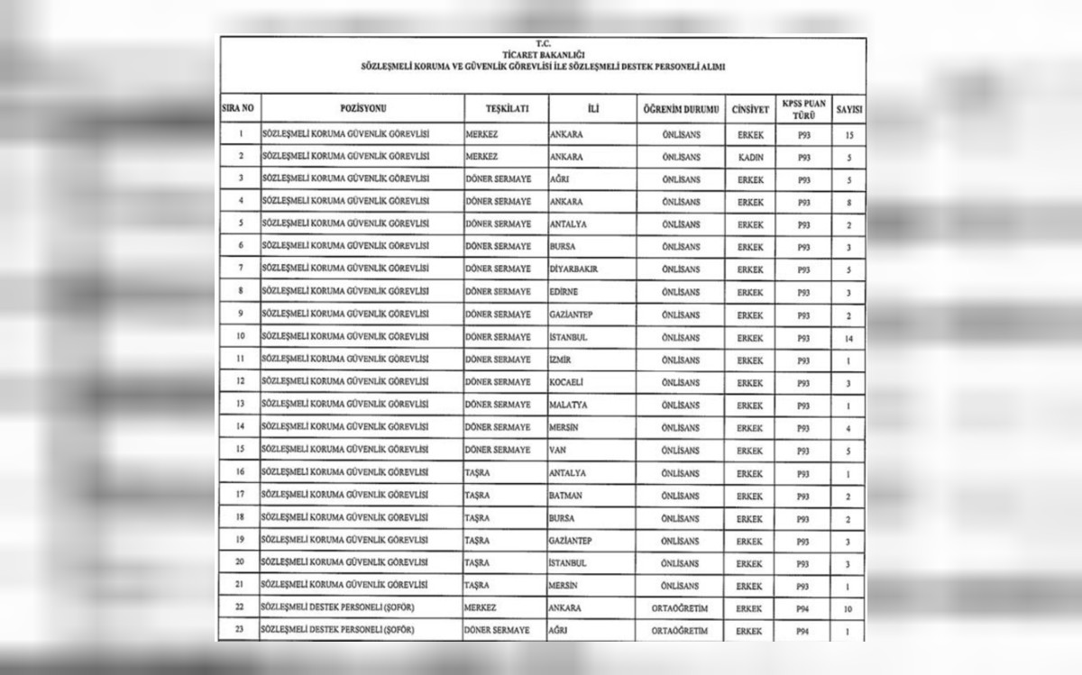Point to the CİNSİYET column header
point(750,108)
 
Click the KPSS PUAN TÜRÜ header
point(803,108)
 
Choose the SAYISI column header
point(848,108)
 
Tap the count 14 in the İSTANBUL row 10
point(848,338)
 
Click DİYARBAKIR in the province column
point(574,269)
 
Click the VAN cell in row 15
point(558,451)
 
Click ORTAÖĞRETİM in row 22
point(680,608)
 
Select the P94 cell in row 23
point(803,631)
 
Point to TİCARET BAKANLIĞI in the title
point(542,55)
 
